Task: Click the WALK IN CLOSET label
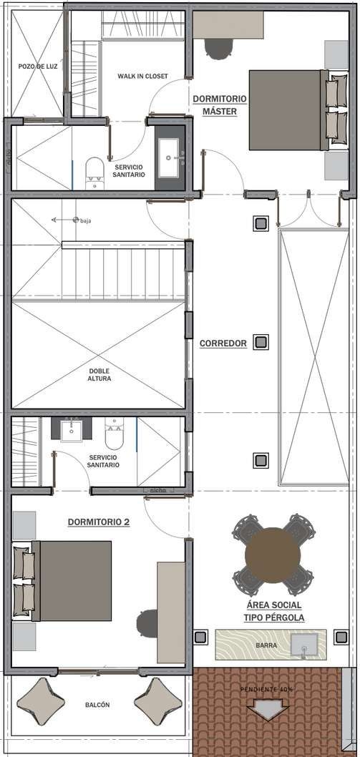[x=142, y=77]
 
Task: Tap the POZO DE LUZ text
[x=38, y=67]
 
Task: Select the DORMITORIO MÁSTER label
[x=220, y=105]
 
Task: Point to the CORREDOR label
[x=223, y=343]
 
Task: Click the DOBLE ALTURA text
[x=99, y=375]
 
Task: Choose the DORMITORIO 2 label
[x=99, y=522]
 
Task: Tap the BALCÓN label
[x=97, y=705]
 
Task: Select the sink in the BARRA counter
[x=304, y=645]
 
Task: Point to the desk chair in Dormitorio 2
[x=147, y=623]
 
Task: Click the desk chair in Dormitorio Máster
[x=219, y=48]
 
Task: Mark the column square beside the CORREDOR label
[x=261, y=342]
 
